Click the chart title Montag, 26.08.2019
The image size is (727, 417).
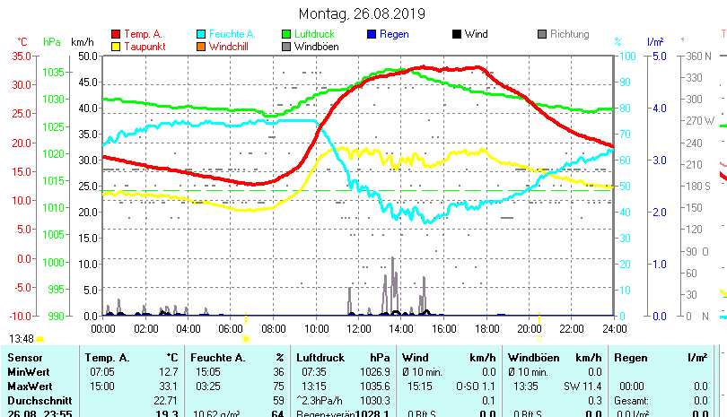(363, 14)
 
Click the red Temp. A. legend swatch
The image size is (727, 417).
(115, 34)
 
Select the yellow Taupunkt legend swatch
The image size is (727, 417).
(115, 46)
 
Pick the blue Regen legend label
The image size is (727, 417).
(394, 34)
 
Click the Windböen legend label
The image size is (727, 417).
(316, 46)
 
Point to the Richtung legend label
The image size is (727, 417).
(569, 34)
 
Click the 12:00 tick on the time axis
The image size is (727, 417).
(359, 327)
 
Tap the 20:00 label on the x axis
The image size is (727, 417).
(530, 327)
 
